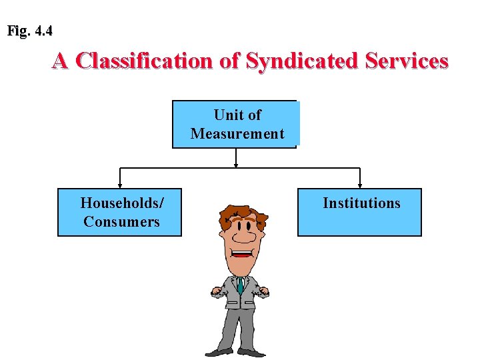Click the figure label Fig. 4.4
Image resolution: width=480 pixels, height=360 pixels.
click(x=30, y=31)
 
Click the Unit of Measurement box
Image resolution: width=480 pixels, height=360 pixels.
click(x=235, y=124)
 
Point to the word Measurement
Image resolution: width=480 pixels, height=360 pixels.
click(x=237, y=133)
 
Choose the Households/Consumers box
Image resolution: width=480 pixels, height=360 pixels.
click(x=119, y=212)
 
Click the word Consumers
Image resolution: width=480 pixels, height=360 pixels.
click(x=121, y=221)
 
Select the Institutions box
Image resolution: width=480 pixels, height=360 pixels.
click(x=359, y=212)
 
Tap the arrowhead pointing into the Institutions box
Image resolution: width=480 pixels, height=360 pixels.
click(x=360, y=185)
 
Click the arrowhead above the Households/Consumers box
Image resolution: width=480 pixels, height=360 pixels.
click(x=119, y=185)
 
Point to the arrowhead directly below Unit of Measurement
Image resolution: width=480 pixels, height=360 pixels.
click(x=235, y=163)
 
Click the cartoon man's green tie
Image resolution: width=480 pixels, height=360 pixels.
click(x=240, y=285)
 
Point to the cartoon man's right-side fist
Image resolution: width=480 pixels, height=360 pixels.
click(x=264, y=291)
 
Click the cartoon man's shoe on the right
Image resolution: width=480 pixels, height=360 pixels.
click(x=252, y=351)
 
